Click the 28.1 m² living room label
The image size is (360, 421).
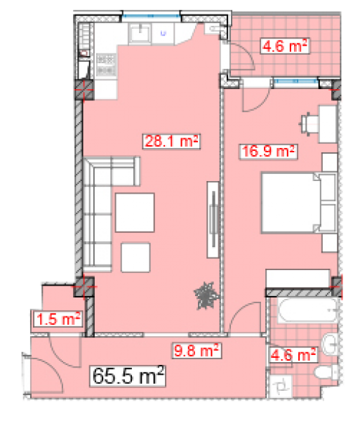coord(171,141)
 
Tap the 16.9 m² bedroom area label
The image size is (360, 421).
coord(268,152)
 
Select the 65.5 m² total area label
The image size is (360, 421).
coord(128,376)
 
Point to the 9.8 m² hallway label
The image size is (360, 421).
coord(196,351)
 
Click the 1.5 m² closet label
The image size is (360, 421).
coord(57,319)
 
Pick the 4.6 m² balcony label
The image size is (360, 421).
coord(285,46)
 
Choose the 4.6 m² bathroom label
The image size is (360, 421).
coord(293,355)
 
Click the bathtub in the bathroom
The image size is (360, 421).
coord(308,310)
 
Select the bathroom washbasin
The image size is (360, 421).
coord(331,345)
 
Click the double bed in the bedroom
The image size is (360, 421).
coord(299,203)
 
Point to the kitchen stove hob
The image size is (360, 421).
coord(107,64)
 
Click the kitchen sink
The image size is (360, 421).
coord(140,34)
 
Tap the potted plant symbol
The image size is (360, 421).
coord(207,295)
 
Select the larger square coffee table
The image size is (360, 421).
coord(135,213)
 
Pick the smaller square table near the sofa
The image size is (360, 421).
coord(135,258)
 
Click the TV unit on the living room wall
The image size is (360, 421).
coord(213,220)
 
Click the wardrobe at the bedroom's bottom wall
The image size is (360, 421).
coord(298,279)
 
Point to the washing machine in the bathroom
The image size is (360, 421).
coord(281,387)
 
